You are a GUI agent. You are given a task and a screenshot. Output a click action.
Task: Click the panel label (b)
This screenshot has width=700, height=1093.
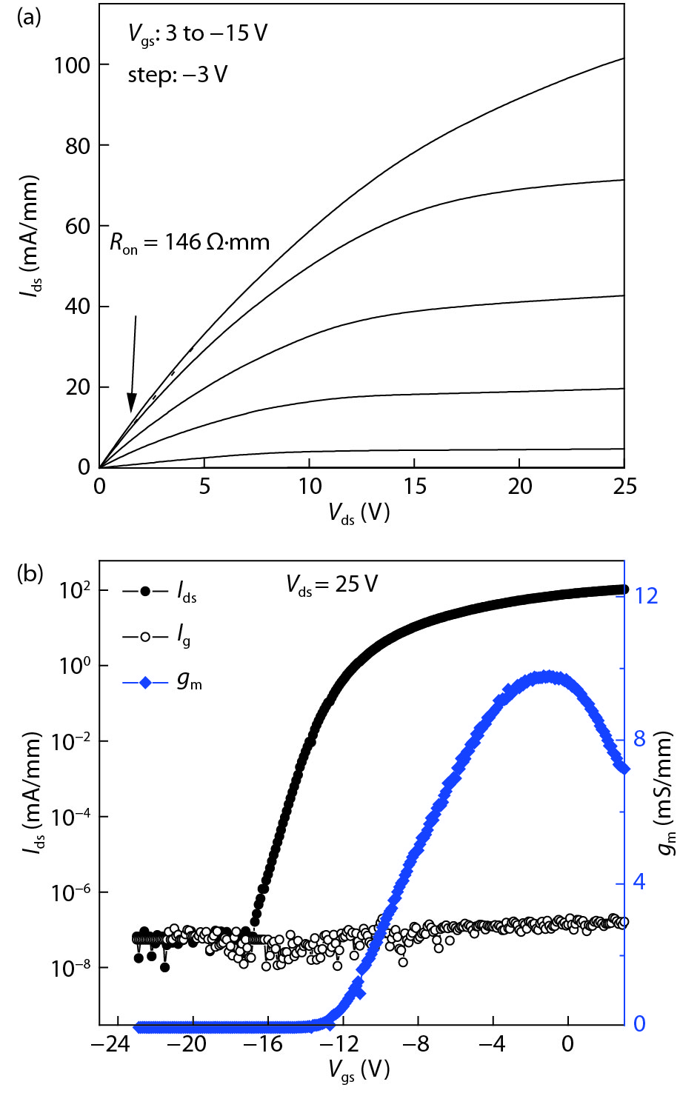click(x=30, y=573)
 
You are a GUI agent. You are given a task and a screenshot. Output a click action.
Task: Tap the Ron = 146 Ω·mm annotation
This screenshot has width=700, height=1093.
click(x=190, y=243)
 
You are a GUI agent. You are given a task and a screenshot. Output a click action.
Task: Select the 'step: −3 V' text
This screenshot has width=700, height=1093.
click(x=178, y=75)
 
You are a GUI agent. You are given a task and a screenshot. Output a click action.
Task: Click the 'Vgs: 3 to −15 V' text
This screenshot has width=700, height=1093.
click(x=197, y=34)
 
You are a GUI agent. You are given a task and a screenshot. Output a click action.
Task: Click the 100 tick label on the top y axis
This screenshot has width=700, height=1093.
click(x=72, y=66)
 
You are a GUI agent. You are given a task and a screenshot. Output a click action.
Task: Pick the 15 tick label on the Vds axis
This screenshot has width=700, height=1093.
click(x=415, y=487)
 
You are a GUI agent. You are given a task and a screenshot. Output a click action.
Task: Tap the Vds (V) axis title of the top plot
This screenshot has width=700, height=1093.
click(x=359, y=513)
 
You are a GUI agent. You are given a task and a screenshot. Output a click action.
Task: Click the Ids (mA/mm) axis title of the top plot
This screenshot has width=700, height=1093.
click(x=30, y=237)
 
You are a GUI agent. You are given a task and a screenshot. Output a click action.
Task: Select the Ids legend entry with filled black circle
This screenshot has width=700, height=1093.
click(x=160, y=592)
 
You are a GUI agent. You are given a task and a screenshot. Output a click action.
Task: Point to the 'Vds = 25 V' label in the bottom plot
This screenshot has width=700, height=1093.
click(x=332, y=585)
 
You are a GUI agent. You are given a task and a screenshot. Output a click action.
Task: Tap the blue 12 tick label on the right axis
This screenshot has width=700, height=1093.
click(x=647, y=596)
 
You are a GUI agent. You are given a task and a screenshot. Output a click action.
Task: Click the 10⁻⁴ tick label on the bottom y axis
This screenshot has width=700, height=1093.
click(x=72, y=818)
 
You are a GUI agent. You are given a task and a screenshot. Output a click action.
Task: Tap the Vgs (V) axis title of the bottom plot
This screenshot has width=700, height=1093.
click(x=359, y=1070)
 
